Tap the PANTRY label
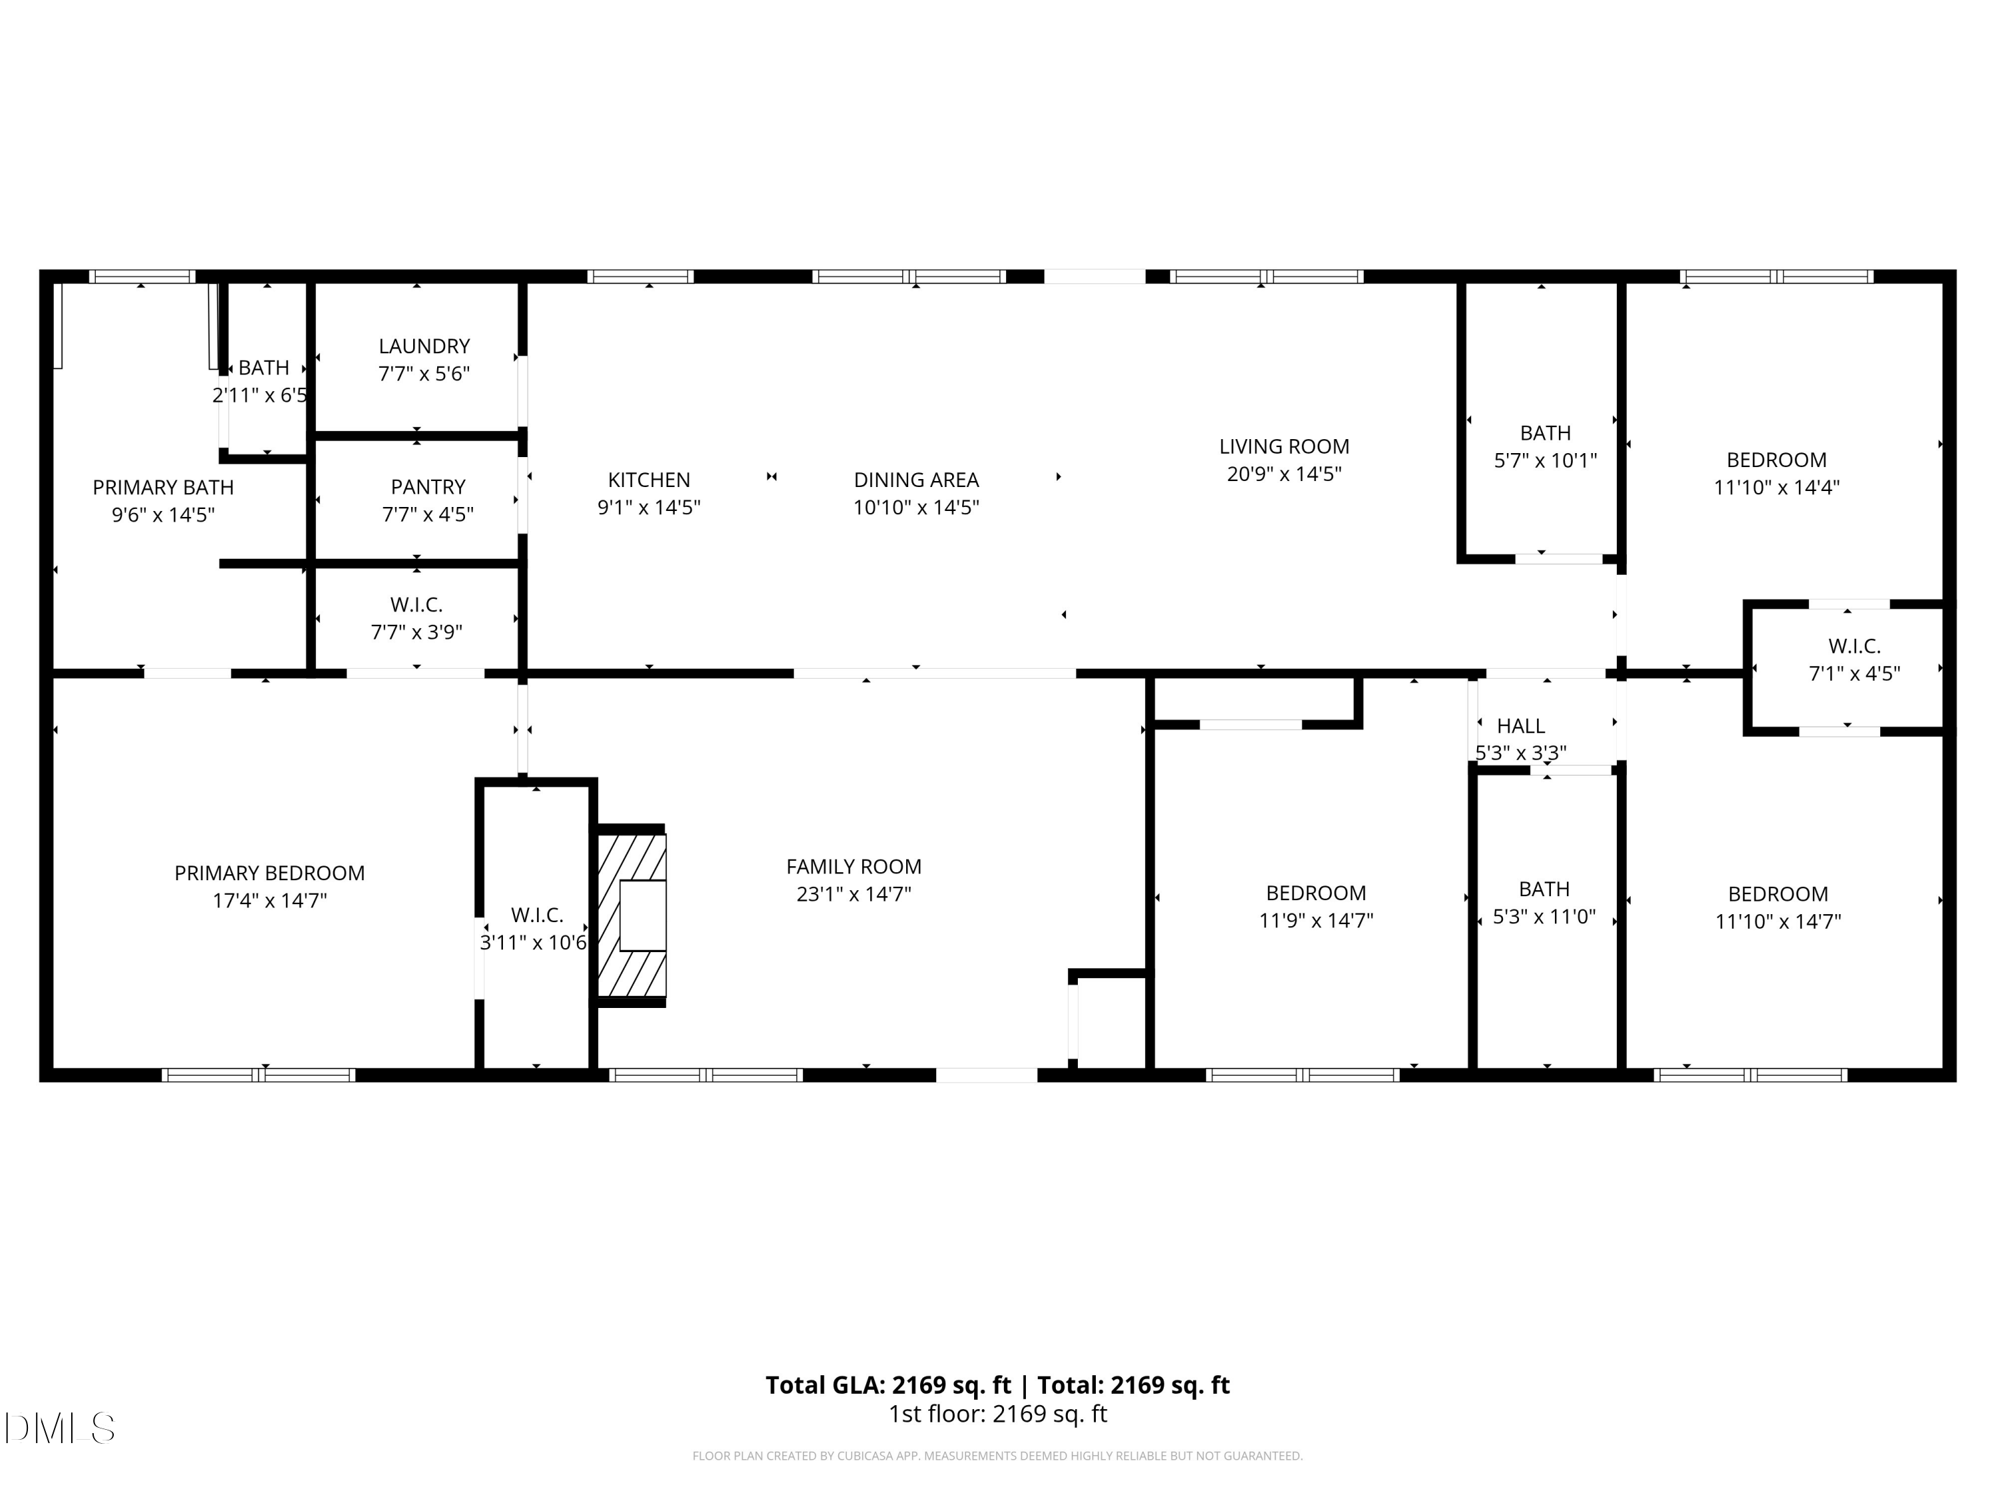tap(428, 487)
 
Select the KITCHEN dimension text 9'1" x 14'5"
tap(649, 507)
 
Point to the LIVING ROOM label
tap(1283, 446)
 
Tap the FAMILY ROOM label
tap(854, 867)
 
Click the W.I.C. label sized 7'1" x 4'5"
tap(1854, 646)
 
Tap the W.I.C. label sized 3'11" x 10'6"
tap(537, 915)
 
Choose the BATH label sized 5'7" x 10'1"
tap(1545, 433)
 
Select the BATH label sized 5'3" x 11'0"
tap(1544, 890)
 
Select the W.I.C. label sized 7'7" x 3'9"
tap(416, 605)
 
